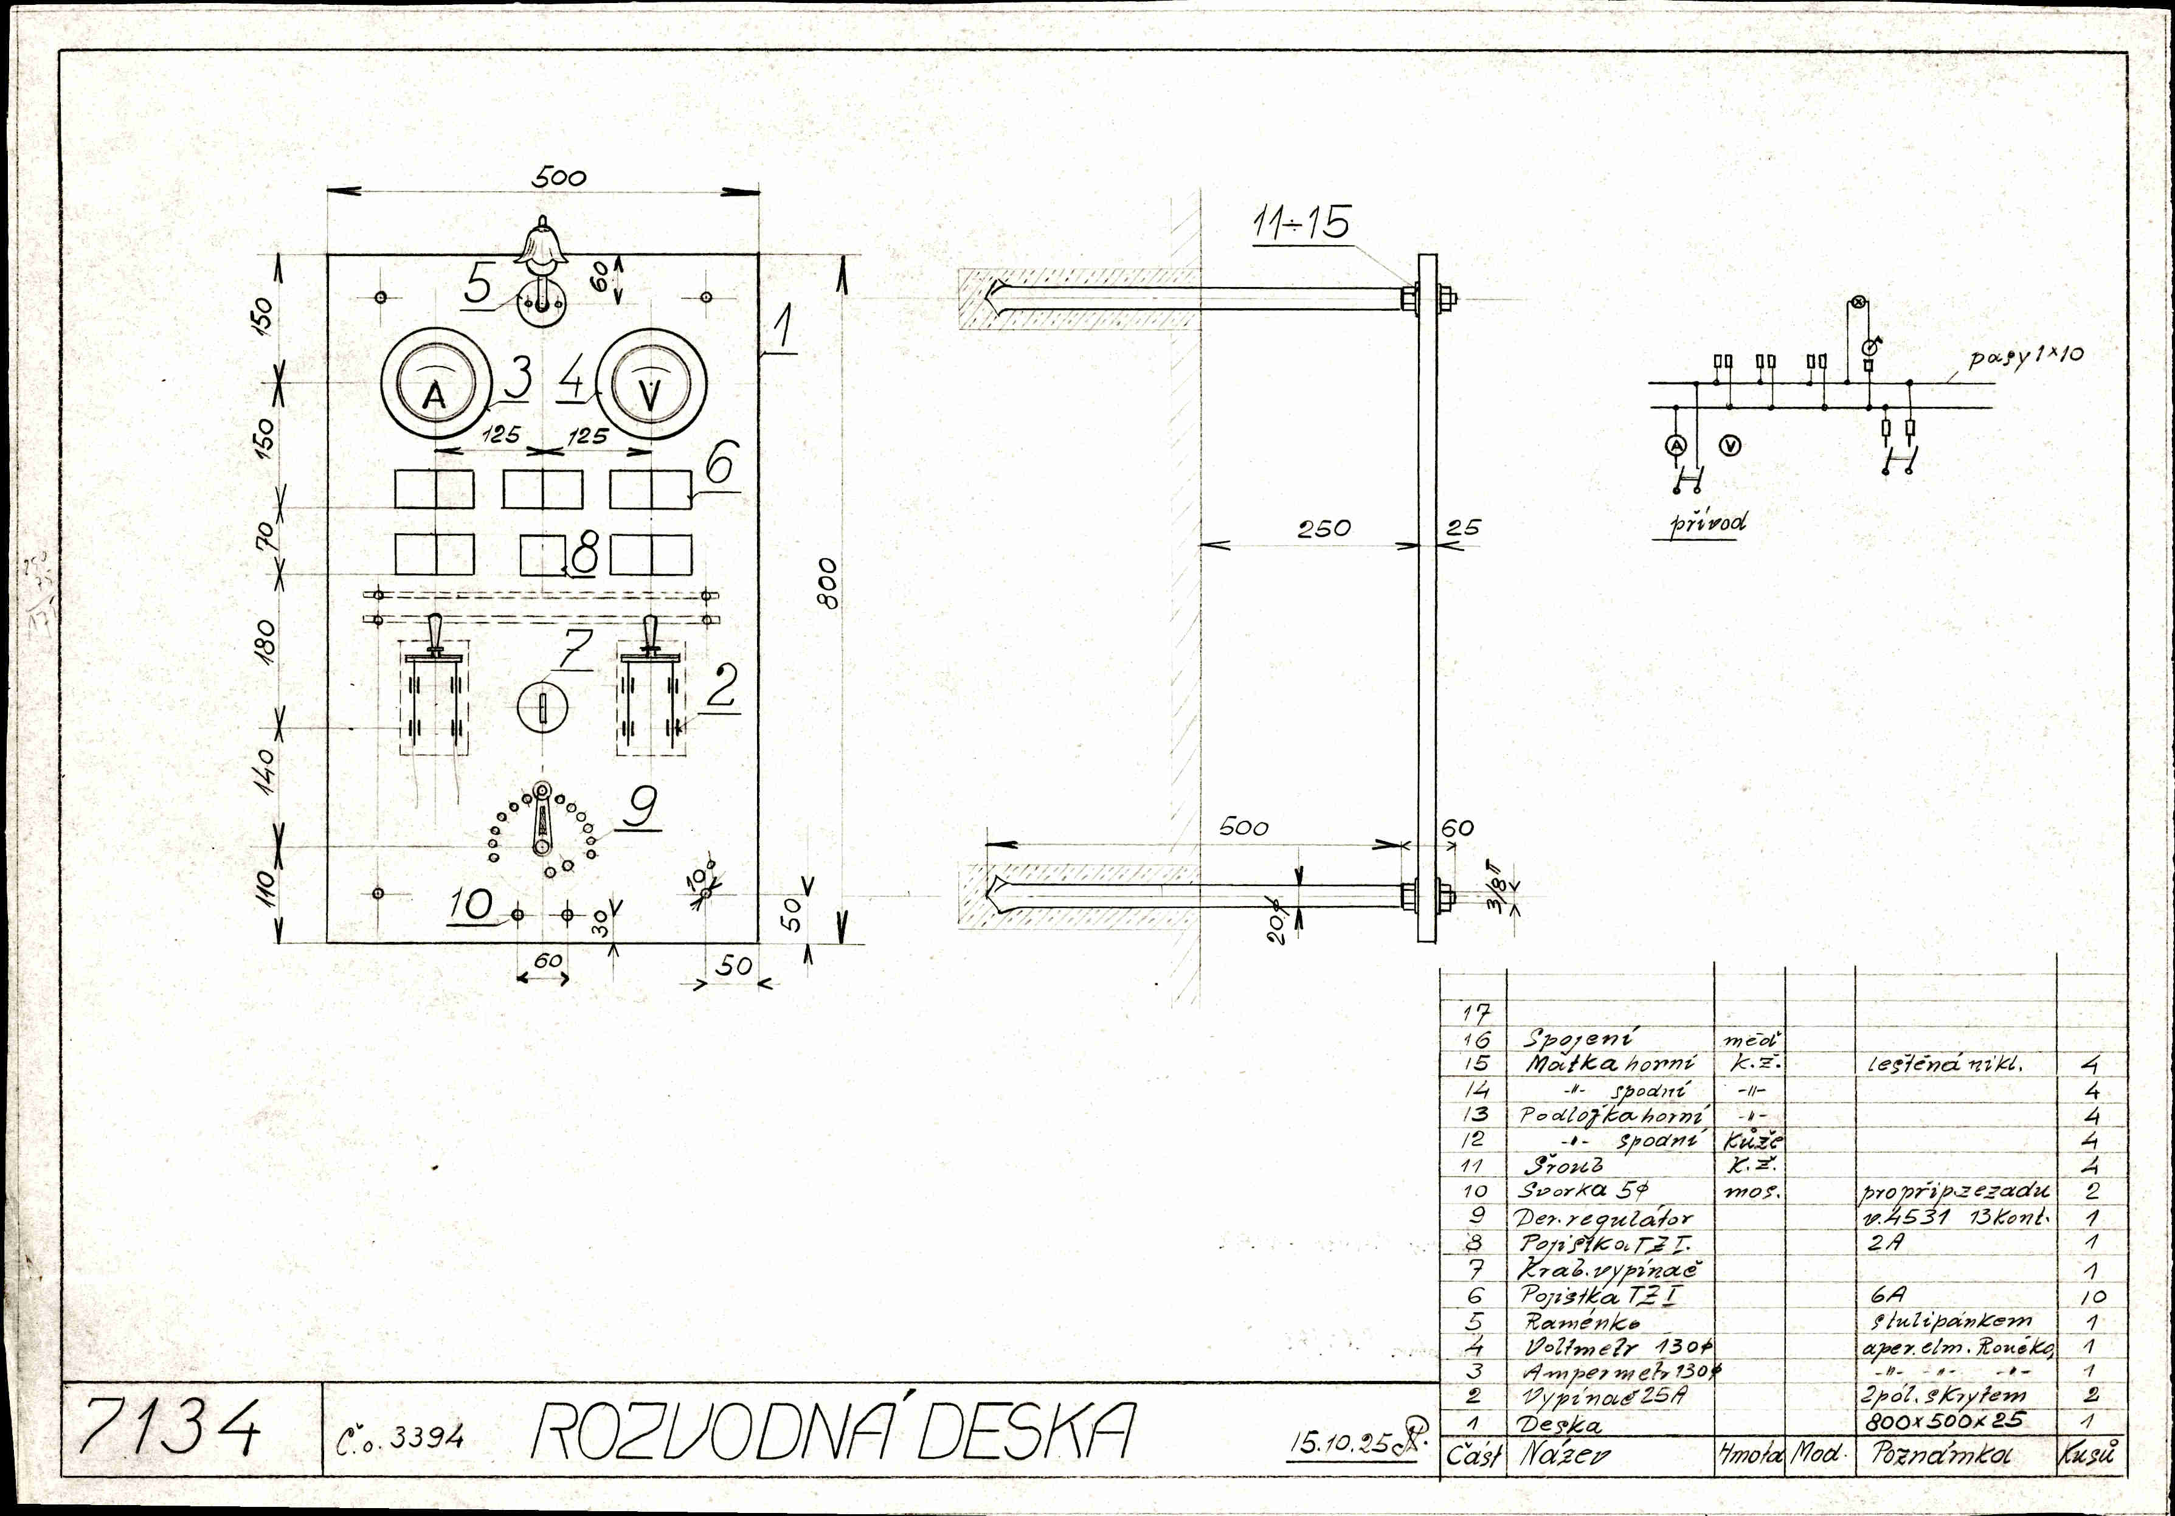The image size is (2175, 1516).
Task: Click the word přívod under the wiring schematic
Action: (x=1708, y=522)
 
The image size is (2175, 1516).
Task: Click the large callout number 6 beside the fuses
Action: (x=721, y=463)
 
